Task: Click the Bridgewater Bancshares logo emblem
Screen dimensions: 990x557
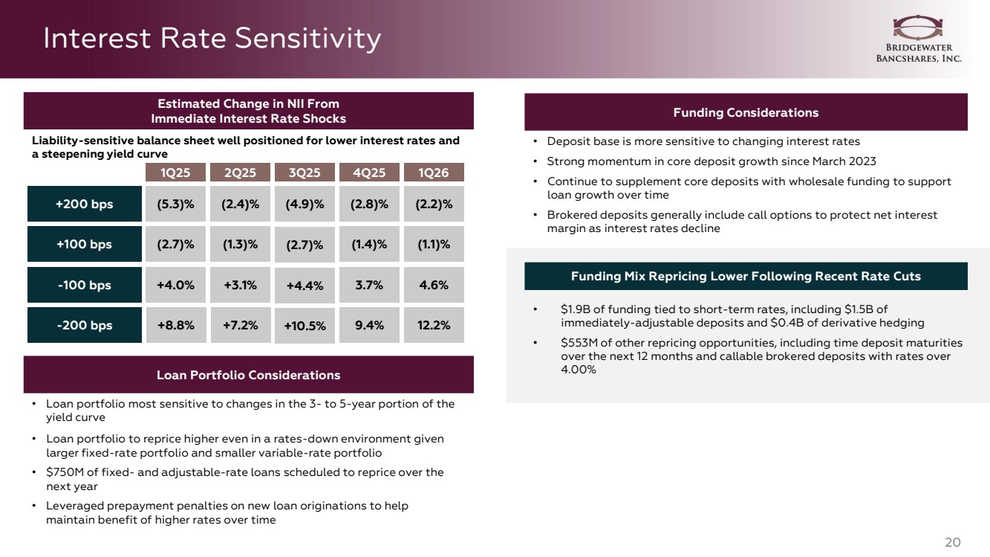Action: click(918, 28)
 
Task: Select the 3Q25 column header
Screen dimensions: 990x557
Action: click(305, 172)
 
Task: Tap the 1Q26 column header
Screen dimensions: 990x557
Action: click(434, 172)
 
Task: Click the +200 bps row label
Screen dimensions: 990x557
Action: click(85, 204)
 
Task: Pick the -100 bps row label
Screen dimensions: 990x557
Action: click(85, 285)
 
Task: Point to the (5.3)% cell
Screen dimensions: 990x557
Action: click(175, 204)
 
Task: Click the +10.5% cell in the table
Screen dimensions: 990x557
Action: click(305, 326)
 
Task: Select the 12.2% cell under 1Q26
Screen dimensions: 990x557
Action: click(434, 325)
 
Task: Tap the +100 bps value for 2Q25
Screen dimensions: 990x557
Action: click(240, 244)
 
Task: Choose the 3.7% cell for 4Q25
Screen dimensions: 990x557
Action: click(369, 285)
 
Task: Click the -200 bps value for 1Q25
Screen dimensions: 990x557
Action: click(176, 325)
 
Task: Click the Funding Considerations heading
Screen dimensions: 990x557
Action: click(746, 112)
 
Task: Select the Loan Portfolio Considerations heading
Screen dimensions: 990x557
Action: click(248, 375)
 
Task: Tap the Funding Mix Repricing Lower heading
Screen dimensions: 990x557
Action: click(746, 276)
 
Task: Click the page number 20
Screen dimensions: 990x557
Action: click(953, 542)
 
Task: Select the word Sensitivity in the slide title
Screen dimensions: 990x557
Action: click(307, 38)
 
